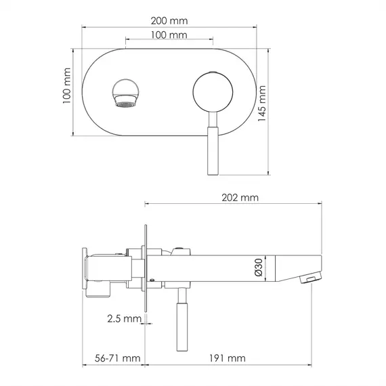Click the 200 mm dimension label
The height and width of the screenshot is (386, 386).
pos(169,21)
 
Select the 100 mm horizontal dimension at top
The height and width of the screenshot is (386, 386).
pos(169,35)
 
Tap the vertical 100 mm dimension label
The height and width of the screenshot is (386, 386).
pos(67,91)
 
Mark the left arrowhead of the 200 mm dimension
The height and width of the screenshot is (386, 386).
pos(84,27)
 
